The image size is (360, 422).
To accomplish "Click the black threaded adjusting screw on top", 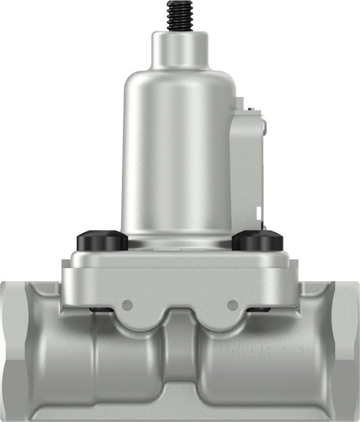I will pyautogui.click(x=180, y=15).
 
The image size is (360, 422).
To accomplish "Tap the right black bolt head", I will pyautogui.click(x=257, y=241).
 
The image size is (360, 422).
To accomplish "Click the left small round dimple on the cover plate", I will pyautogui.click(x=128, y=304).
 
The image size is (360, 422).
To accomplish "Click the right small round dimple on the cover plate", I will pyautogui.click(x=233, y=304).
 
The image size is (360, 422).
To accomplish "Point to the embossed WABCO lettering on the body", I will pyautogui.click(x=265, y=351).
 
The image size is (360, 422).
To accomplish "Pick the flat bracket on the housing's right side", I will pyautogui.click(x=246, y=165).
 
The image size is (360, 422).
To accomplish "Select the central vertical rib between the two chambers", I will pyautogui.click(x=180, y=359).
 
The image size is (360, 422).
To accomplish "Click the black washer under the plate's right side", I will pyautogui.click(x=257, y=309).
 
